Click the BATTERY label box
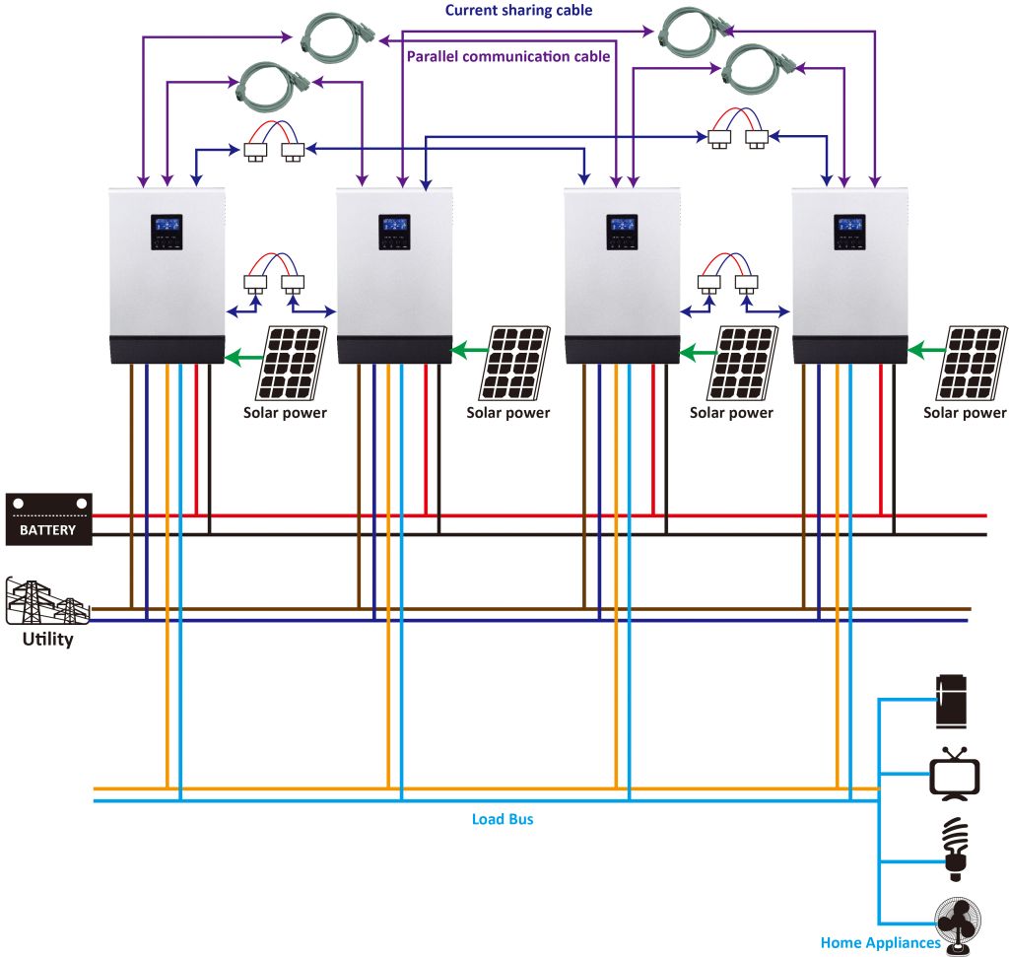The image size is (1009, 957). (x=48, y=519)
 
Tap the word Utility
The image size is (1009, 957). (x=48, y=640)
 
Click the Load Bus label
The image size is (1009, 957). (x=503, y=819)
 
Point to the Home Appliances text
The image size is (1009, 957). (x=880, y=943)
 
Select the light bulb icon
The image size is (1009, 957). (x=954, y=849)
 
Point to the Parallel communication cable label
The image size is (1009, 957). (x=507, y=56)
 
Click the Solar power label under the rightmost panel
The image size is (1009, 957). (x=965, y=413)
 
